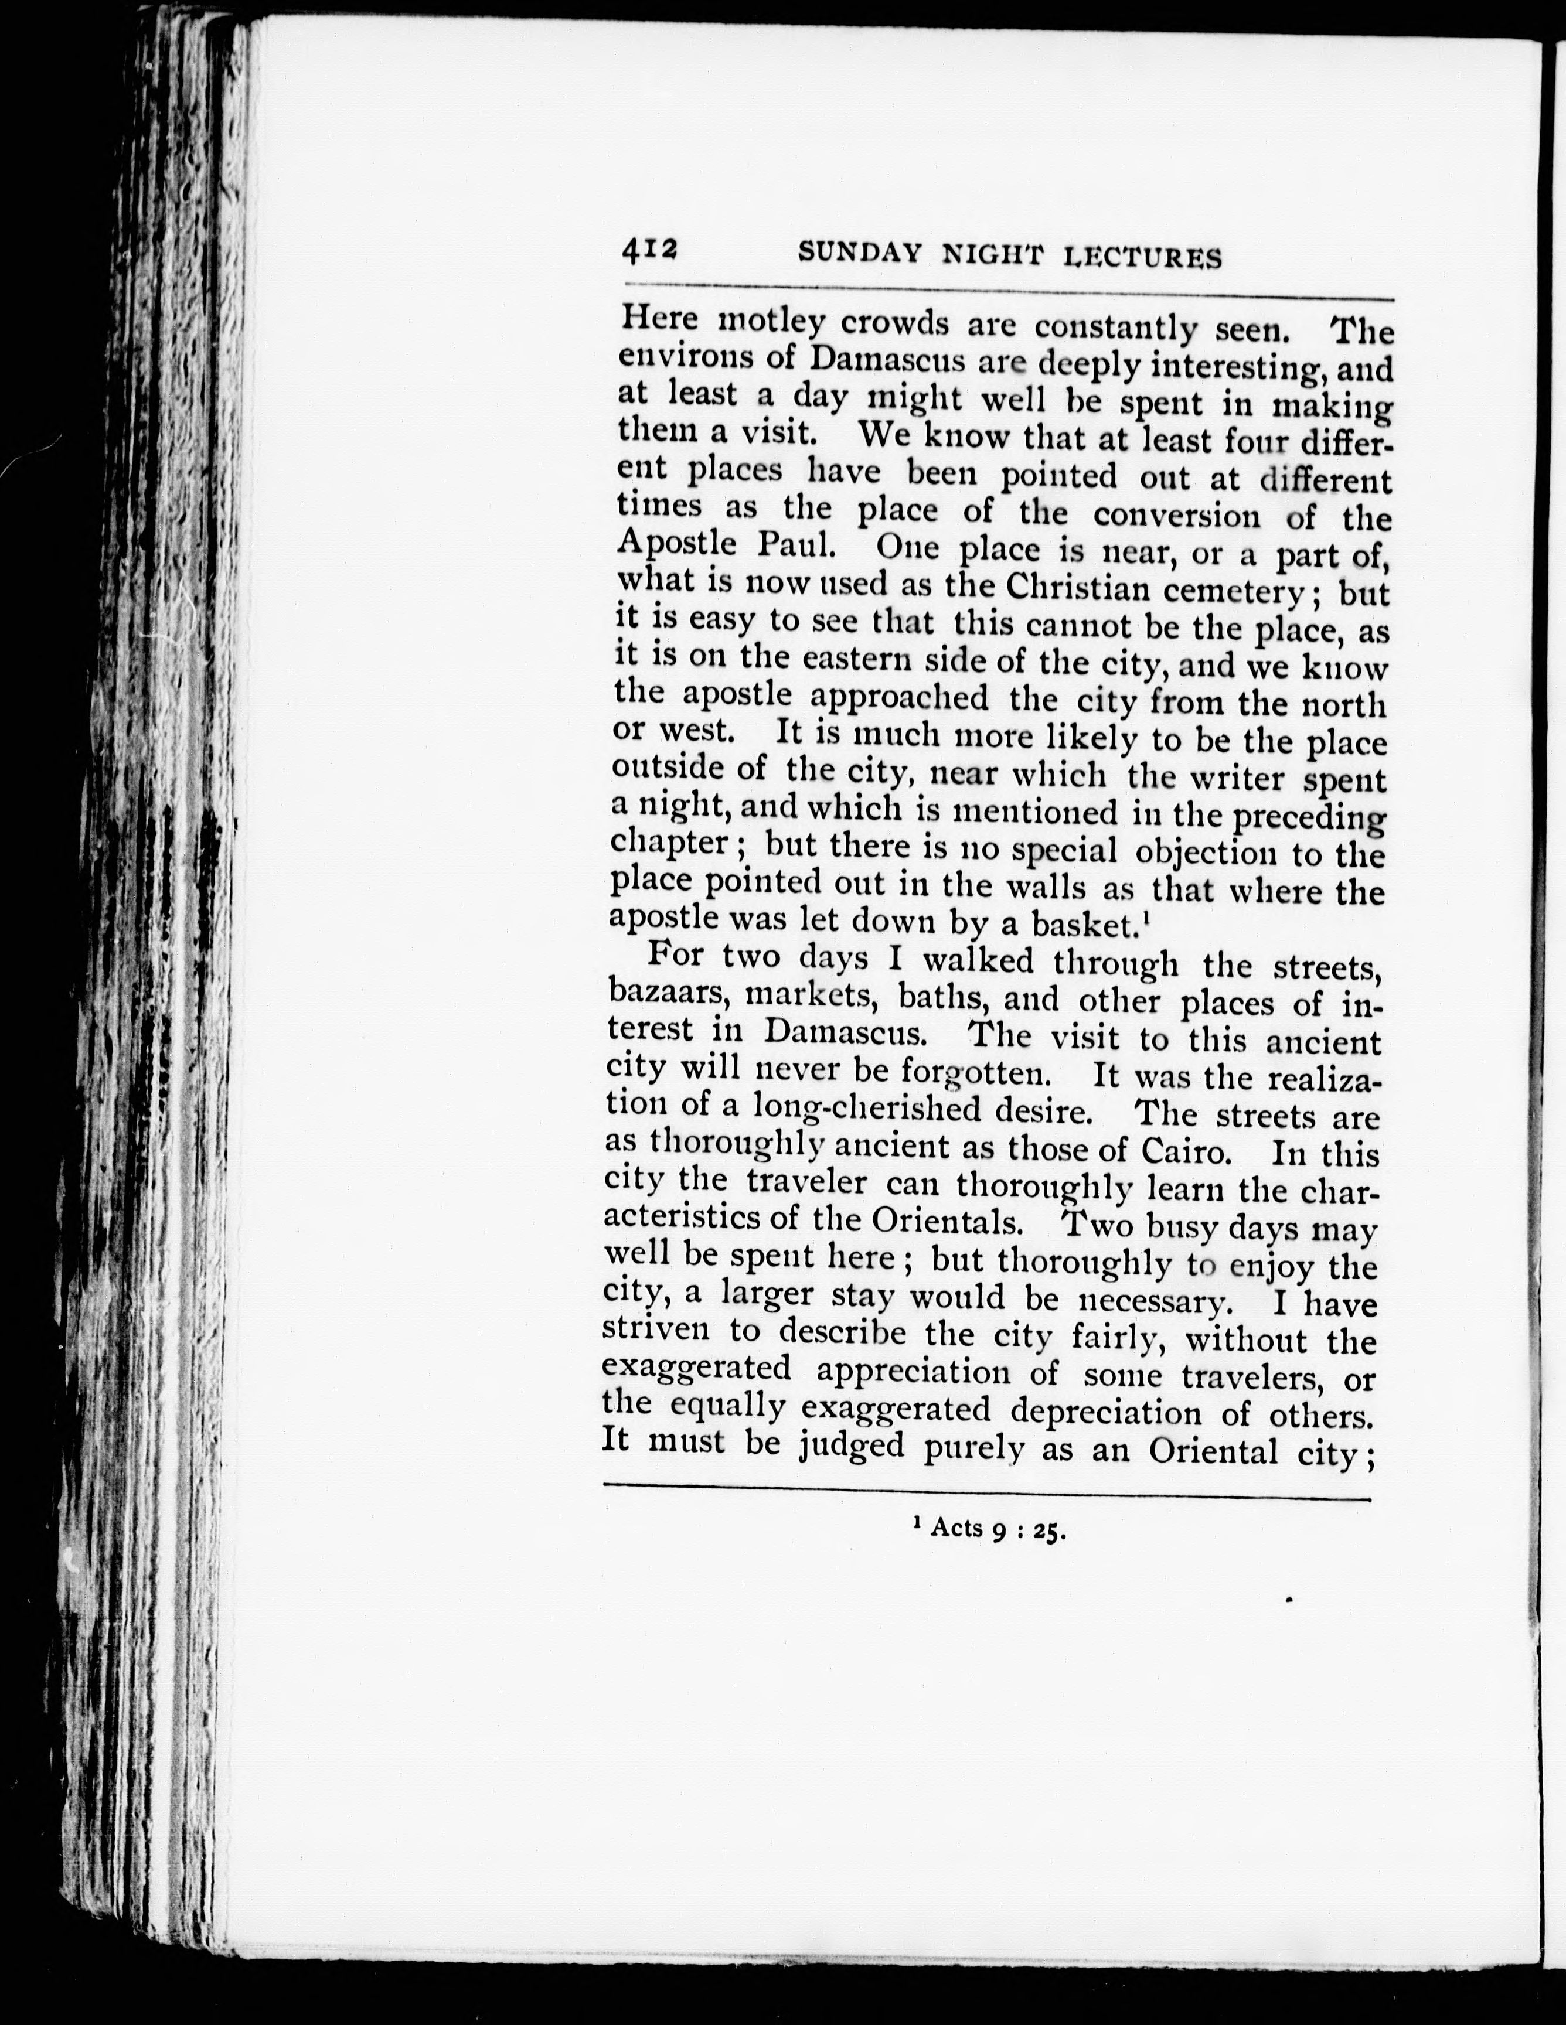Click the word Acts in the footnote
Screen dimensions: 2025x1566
coord(956,1527)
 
